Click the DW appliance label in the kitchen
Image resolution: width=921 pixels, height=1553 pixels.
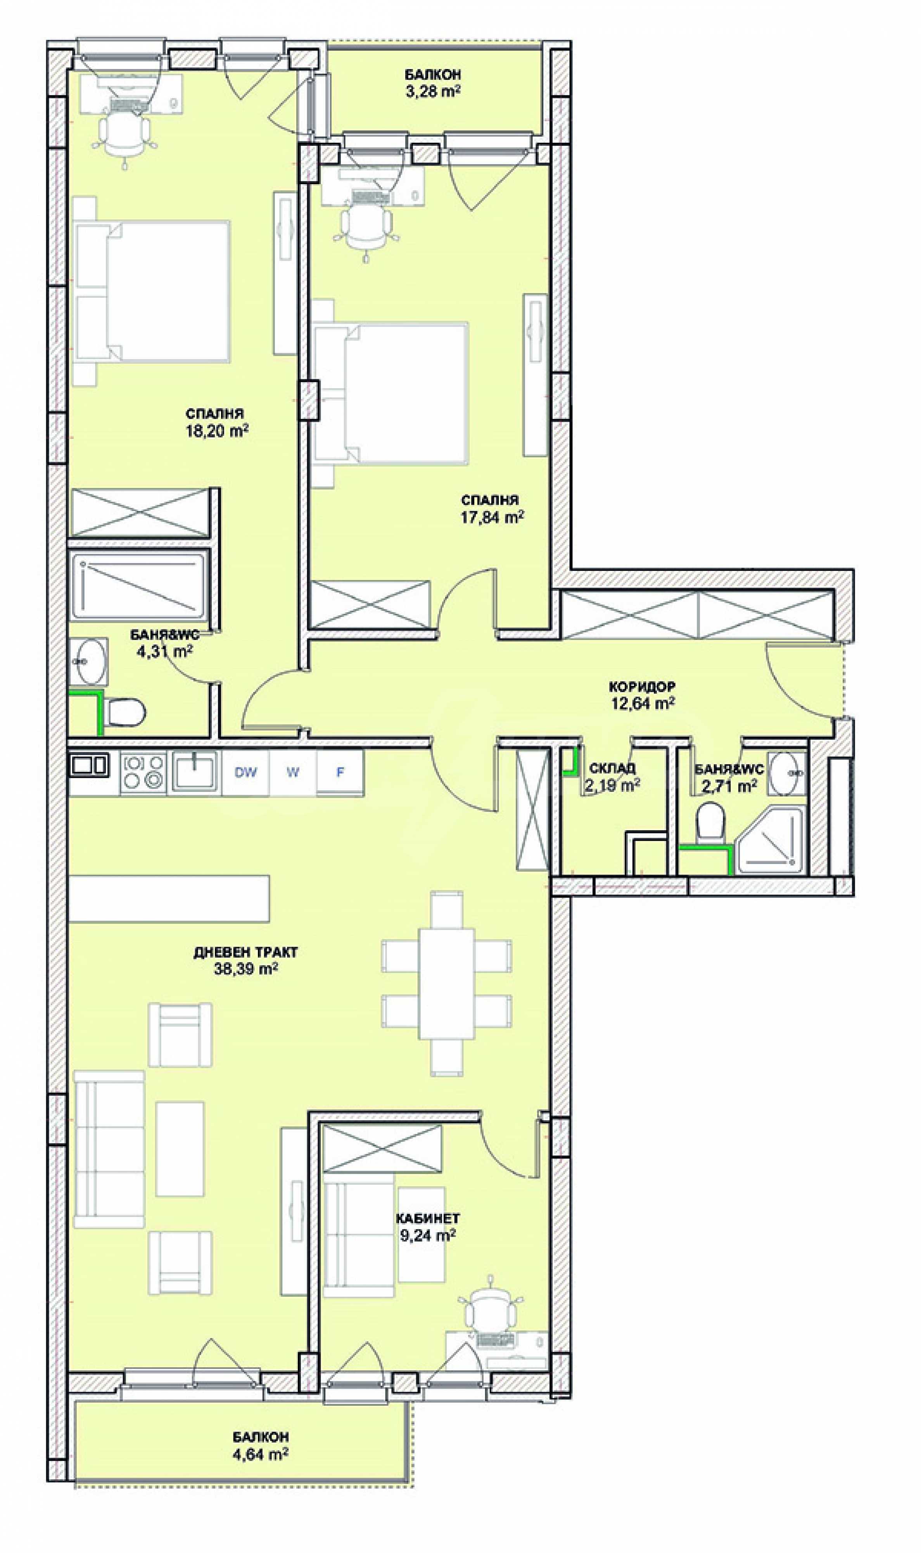pyautogui.click(x=246, y=772)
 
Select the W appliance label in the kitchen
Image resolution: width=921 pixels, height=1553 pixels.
pyautogui.click(x=293, y=772)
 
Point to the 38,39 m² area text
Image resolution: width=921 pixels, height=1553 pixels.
pyautogui.click(x=245, y=969)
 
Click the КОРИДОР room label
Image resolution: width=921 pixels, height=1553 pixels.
pyautogui.click(x=642, y=687)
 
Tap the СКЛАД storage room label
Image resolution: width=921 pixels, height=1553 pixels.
pyautogui.click(x=612, y=768)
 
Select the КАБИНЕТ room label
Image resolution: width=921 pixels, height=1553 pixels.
pyautogui.click(x=428, y=1219)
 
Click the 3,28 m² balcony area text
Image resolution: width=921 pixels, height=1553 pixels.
pyautogui.click(x=432, y=91)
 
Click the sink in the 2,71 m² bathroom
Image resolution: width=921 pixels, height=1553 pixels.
pyautogui.click(x=787, y=773)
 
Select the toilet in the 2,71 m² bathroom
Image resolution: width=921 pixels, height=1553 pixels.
pyautogui.click(x=710, y=823)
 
